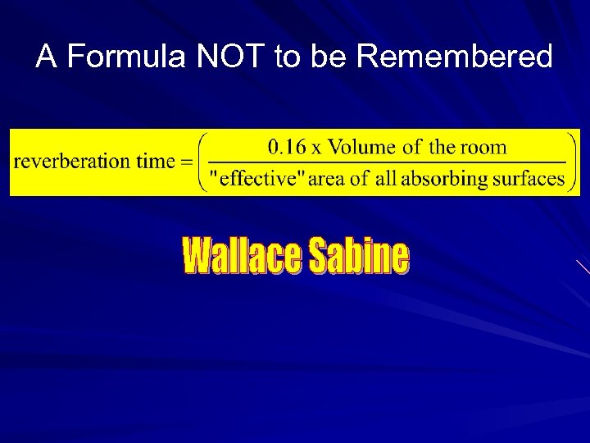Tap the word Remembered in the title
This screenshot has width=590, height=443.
click(x=456, y=57)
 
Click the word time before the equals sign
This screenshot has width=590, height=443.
click(x=155, y=162)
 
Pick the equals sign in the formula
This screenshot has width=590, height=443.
click(x=187, y=162)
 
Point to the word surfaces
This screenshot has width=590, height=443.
click(x=524, y=179)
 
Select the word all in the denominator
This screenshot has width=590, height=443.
click(x=386, y=179)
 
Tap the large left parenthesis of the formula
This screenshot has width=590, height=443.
click(x=203, y=162)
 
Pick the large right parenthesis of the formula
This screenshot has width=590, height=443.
click(x=572, y=162)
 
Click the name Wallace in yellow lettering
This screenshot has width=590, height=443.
click(x=241, y=257)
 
